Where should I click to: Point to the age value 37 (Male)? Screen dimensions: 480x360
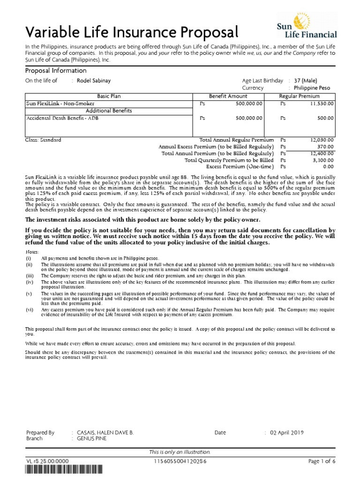308,81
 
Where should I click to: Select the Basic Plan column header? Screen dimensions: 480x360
109,96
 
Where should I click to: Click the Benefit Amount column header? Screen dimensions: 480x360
228,96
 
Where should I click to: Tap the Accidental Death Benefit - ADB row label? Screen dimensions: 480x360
62,118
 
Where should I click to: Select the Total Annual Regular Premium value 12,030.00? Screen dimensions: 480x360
322,140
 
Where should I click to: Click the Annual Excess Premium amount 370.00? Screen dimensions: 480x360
325,147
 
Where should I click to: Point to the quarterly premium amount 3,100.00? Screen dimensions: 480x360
322,160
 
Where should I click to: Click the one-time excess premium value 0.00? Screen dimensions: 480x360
328,166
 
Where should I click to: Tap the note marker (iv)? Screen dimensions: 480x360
29,282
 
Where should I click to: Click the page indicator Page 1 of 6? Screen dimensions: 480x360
322,462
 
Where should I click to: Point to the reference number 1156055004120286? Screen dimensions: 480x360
180,462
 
